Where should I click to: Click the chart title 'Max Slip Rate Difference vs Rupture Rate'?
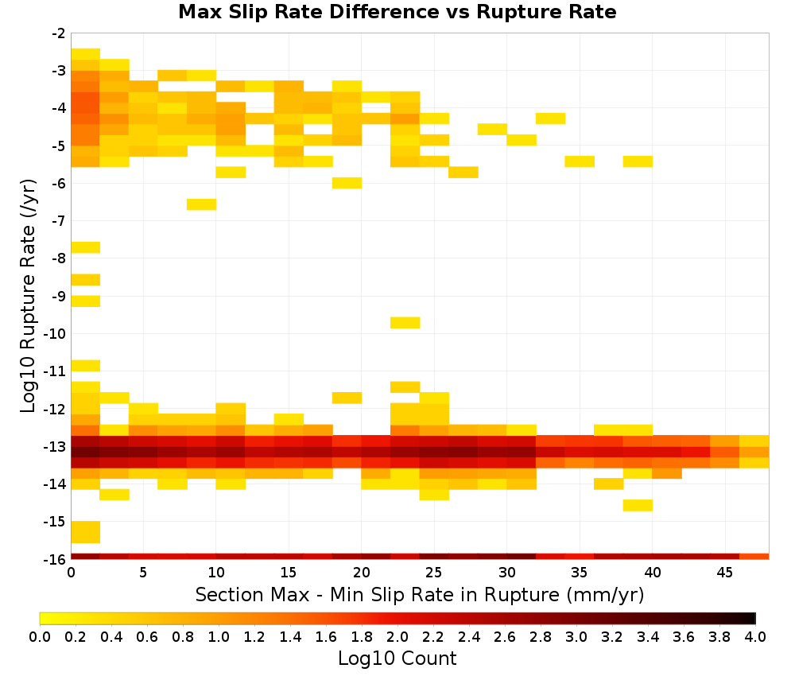click(x=397, y=12)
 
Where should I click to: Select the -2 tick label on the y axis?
click(x=59, y=33)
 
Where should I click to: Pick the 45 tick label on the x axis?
click(x=724, y=573)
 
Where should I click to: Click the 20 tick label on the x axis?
click(x=361, y=573)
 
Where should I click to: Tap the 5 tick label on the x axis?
click(x=143, y=573)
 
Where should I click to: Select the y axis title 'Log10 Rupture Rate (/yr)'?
click(x=28, y=296)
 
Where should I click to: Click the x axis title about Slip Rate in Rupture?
click(x=420, y=595)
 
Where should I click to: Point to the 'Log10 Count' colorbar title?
click(x=397, y=659)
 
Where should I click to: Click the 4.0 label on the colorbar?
click(x=755, y=636)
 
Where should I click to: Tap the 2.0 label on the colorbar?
click(x=397, y=636)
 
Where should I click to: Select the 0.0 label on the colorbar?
click(x=40, y=636)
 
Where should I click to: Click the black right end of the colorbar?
click(x=754, y=618)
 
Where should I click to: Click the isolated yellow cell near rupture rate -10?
click(x=405, y=323)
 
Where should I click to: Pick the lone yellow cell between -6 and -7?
click(x=202, y=204)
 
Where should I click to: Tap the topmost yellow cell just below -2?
click(x=86, y=54)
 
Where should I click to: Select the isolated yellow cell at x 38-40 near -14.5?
click(x=638, y=505)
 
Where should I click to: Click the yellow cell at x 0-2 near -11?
click(x=86, y=366)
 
